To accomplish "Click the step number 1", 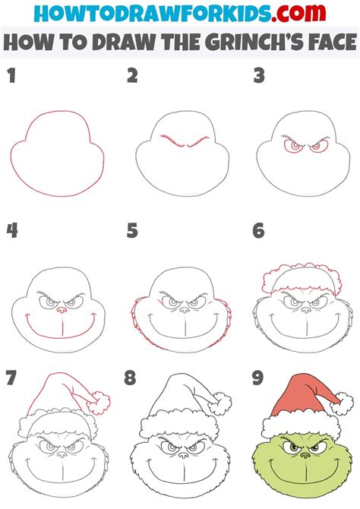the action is (x=12, y=76).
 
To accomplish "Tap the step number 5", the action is (x=132, y=231).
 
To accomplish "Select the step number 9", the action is (x=257, y=378).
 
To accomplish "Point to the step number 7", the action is (x=11, y=378).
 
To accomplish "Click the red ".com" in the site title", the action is (x=298, y=13).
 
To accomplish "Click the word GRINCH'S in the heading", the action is (x=253, y=42).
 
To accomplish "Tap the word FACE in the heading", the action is (x=332, y=42).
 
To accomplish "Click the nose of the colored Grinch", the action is (x=305, y=455).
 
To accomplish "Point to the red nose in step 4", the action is (x=61, y=310).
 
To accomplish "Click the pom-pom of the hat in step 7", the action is (x=98, y=403).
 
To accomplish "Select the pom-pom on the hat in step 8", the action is (x=219, y=403).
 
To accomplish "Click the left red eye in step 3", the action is (x=293, y=146).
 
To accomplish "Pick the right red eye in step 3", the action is (x=317, y=147).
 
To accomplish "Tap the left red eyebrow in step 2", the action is (x=172, y=141).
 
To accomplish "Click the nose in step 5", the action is (x=184, y=310).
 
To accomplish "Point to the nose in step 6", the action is (x=305, y=310).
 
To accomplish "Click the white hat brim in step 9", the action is (x=301, y=426).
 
